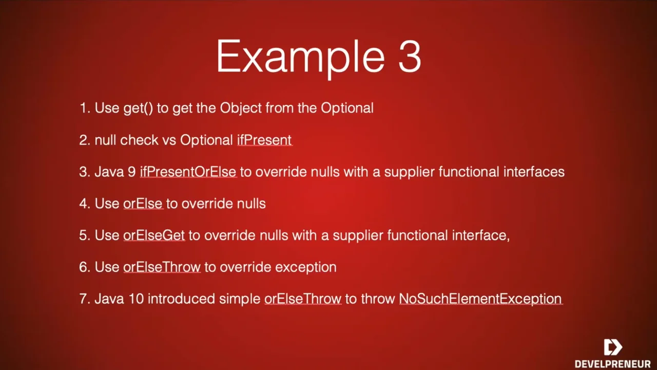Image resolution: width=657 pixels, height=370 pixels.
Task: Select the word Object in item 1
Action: click(x=241, y=108)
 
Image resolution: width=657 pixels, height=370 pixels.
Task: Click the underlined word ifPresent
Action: click(x=264, y=140)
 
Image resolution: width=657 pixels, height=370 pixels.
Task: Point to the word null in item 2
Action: click(x=105, y=140)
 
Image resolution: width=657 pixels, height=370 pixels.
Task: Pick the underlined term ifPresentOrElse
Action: click(x=188, y=172)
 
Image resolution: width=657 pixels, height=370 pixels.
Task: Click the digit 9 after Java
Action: click(x=132, y=172)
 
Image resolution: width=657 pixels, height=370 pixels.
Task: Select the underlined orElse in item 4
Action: click(x=143, y=203)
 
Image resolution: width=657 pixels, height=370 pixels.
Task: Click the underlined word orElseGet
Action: click(x=154, y=235)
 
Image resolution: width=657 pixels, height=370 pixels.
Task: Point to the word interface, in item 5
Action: click(x=481, y=235)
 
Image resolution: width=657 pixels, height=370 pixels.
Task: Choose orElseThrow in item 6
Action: click(x=162, y=267)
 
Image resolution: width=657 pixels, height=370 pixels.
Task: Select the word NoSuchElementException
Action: click(x=481, y=299)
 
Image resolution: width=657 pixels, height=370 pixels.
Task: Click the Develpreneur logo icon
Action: click(x=613, y=347)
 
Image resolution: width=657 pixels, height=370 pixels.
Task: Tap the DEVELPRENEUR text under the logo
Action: click(x=613, y=363)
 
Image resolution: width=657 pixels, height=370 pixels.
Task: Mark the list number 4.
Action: click(x=83, y=203)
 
